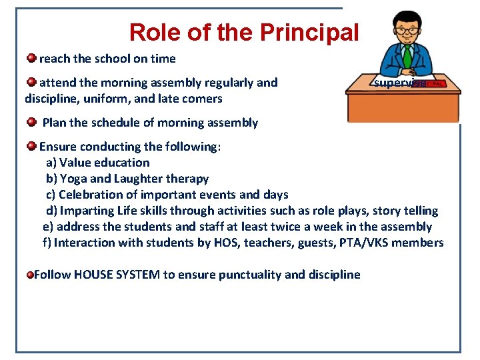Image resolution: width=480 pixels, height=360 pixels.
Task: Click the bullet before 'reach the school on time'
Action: pyautogui.click(x=31, y=58)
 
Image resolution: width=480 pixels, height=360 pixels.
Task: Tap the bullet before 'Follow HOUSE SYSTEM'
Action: pyautogui.click(x=29, y=275)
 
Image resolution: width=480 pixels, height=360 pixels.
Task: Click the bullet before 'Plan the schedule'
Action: pyautogui.click(x=32, y=122)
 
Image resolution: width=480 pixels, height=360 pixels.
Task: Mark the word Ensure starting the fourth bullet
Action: pyautogui.click(x=58, y=147)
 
